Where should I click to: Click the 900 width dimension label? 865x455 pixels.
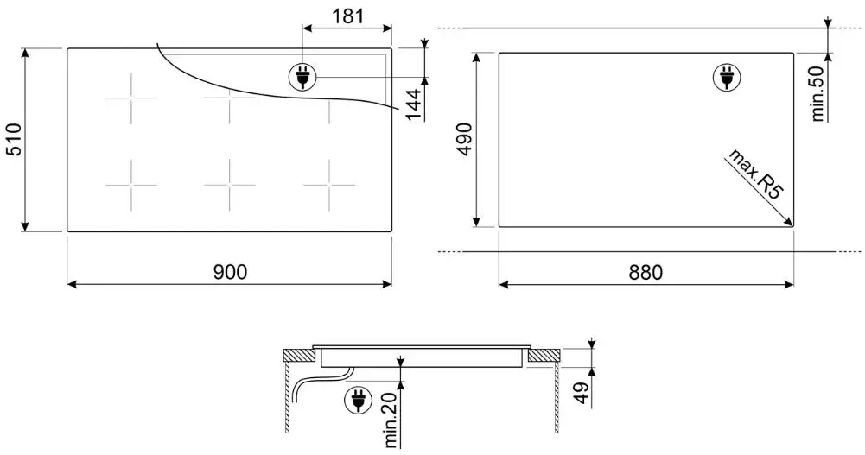pyautogui.click(x=230, y=272)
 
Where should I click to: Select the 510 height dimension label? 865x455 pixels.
pyautogui.click(x=14, y=140)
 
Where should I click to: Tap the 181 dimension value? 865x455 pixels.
pyautogui.click(x=348, y=16)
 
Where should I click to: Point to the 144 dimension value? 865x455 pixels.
pyautogui.click(x=413, y=104)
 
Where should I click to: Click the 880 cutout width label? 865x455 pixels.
pyautogui.click(x=646, y=272)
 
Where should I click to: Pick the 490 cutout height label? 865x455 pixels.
pyautogui.click(x=466, y=139)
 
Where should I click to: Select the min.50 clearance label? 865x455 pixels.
pyautogui.click(x=817, y=93)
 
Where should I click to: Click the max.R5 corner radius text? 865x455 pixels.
pyautogui.click(x=756, y=174)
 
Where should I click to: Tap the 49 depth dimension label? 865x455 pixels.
pyautogui.click(x=582, y=392)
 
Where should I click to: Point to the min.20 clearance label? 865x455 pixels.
pyautogui.click(x=391, y=420)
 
